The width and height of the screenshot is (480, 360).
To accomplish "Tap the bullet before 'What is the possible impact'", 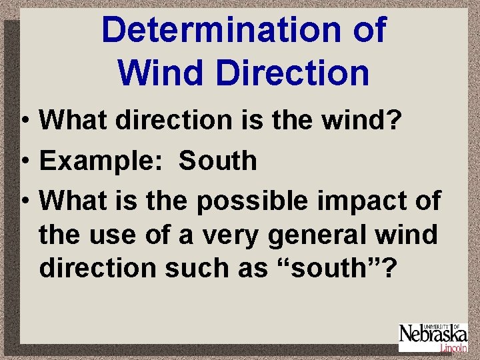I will pos(24,201).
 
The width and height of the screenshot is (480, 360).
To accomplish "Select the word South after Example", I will pos(218,161).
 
